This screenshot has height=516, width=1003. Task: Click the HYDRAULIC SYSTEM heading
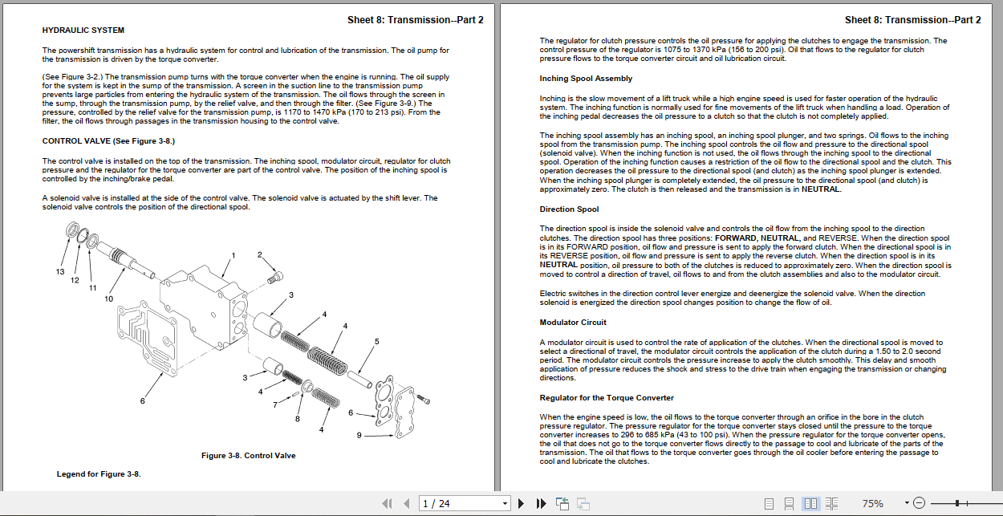(83, 30)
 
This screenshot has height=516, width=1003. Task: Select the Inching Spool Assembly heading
(586, 79)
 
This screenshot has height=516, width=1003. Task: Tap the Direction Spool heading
(569, 209)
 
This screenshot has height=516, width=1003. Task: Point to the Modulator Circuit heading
(573, 323)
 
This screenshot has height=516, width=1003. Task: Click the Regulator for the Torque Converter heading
(607, 398)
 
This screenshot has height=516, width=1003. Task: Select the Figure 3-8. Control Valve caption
(249, 456)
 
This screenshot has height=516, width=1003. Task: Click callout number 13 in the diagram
(60, 272)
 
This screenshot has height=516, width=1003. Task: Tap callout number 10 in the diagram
(109, 299)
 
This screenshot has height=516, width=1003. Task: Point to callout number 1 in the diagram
(233, 256)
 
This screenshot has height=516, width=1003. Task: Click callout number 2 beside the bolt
(260, 255)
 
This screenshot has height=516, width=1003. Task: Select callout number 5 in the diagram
(377, 342)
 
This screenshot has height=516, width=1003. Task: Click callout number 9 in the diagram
(359, 436)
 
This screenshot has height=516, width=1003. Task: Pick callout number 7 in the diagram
(275, 405)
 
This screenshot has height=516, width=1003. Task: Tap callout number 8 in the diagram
(298, 419)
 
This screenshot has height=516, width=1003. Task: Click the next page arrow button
(521, 504)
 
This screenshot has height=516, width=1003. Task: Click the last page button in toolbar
(541, 504)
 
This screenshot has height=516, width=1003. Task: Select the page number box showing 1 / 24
(465, 504)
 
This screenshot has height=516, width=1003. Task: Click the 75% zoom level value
(873, 504)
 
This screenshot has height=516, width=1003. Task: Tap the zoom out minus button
(919, 503)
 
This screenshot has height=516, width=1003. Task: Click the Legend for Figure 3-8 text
(99, 474)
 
